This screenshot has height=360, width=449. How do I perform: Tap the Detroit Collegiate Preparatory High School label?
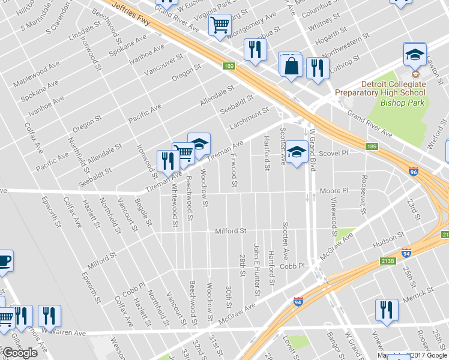pyautogui.click(x=379, y=88)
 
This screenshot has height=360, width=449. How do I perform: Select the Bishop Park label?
pyautogui.click(x=402, y=103)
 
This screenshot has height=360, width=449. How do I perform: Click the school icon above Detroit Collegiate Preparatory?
pyautogui.click(x=414, y=55)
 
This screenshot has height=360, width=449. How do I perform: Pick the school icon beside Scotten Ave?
pyautogui.click(x=296, y=152)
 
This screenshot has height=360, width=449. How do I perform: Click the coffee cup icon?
pyautogui.click(x=4, y=261)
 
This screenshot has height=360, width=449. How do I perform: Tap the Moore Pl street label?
pyautogui.click(x=334, y=191)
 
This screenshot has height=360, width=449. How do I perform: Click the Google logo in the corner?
pyautogui.click(x=19, y=353)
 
